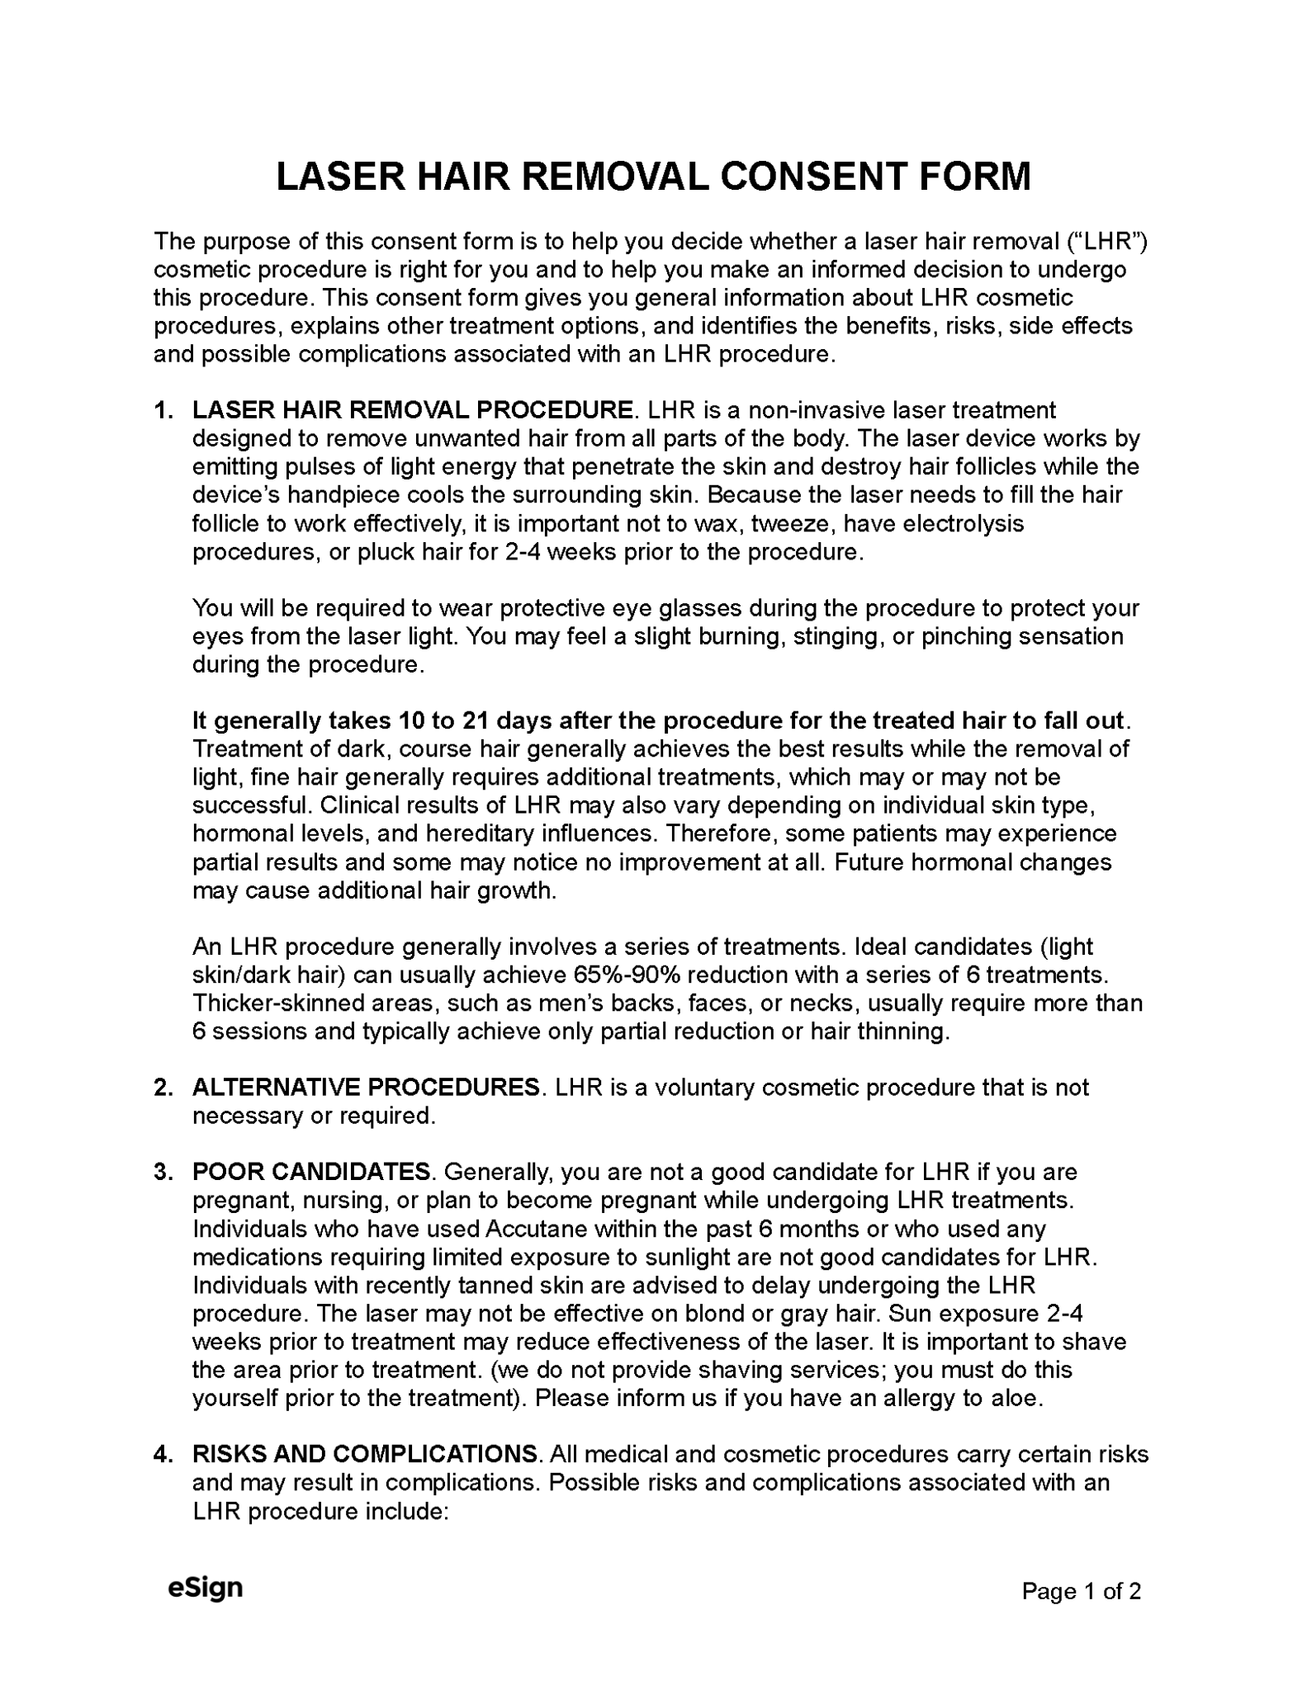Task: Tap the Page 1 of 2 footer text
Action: tap(1081, 1590)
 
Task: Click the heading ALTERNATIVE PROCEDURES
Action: tap(366, 1087)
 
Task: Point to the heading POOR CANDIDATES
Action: tap(311, 1172)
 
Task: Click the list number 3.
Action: tap(162, 1172)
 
